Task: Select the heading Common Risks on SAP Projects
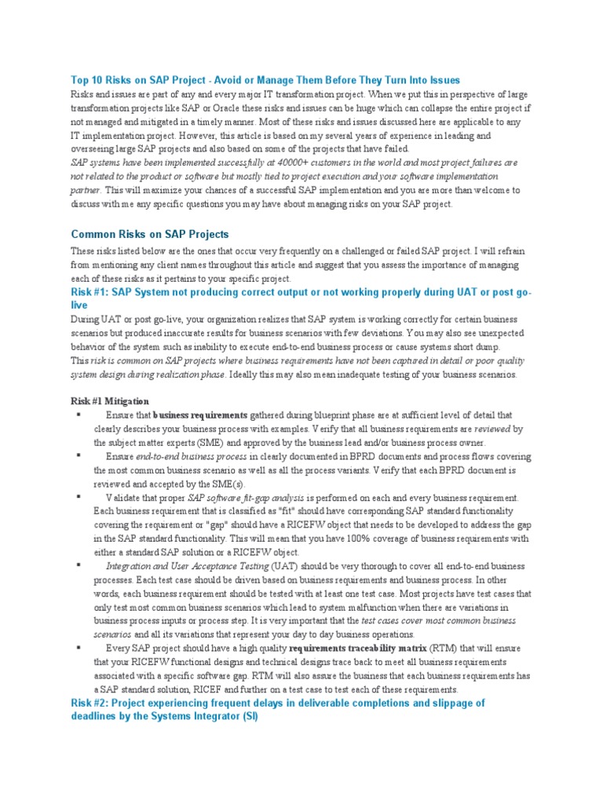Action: point(150,234)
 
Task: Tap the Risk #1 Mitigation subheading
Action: point(110,401)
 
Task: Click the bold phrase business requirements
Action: point(200,415)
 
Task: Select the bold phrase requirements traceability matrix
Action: point(358,649)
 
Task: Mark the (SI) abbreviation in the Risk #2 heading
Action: point(248,717)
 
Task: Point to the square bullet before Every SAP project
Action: point(79,649)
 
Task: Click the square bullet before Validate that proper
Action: point(79,498)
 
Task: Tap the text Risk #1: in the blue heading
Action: point(90,292)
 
